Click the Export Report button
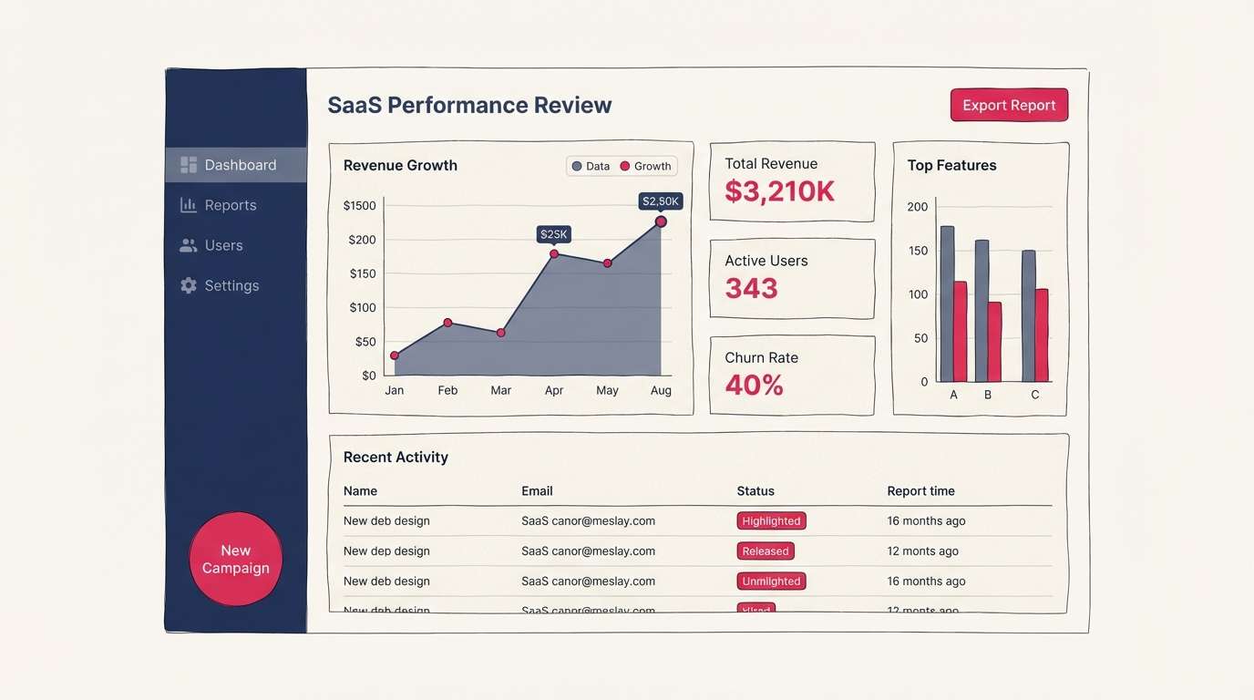1009,105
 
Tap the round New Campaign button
236,559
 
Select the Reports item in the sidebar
230,205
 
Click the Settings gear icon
189,285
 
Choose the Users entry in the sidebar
223,245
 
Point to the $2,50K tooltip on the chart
660,201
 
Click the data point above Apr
553,254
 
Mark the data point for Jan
395,355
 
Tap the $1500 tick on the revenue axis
359,206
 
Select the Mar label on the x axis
500,390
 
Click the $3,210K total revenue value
779,191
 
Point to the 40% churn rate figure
754,386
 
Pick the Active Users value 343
751,289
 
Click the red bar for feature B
994,342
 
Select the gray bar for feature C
1028,315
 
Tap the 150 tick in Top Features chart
917,251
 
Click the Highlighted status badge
771,521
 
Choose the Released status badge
765,551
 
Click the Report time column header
920,491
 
